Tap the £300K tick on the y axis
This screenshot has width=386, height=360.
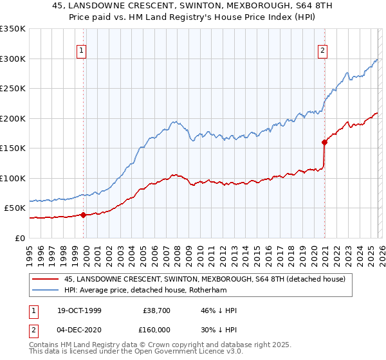pyautogui.click(x=14, y=59)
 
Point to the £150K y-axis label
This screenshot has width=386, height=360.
pyautogui.click(x=14, y=148)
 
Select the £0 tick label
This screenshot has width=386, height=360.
pyautogui.click(x=19, y=238)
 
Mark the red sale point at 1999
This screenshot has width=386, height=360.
pyautogui.click(x=84, y=215)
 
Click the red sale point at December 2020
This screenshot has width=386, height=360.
pyautogui.click(x=324, y=143)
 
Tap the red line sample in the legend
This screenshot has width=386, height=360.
pyautogui.click(x=46, y=279)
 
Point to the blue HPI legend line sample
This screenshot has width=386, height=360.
pyautogui.click(x=46, y=290)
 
